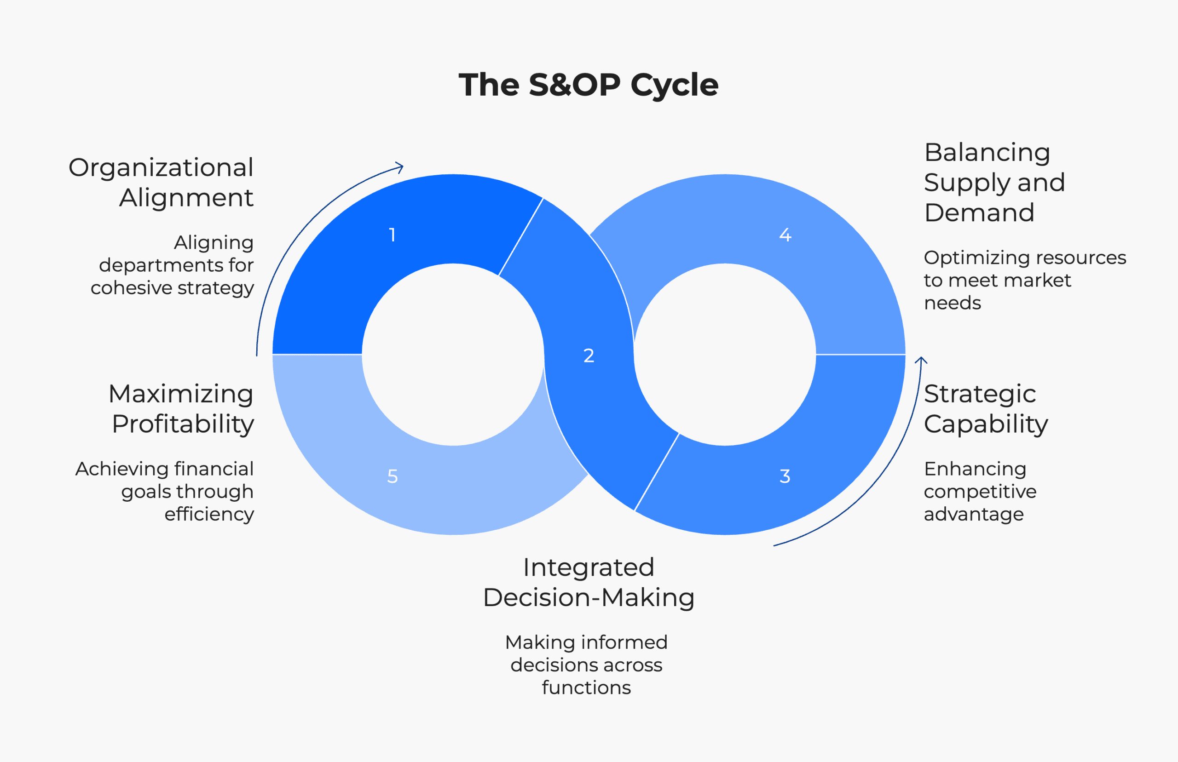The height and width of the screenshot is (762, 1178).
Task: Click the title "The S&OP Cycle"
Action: [589, 85]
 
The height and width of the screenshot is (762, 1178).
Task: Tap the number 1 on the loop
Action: [392, 235]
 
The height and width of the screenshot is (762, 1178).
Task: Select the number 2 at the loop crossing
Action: [589, 356]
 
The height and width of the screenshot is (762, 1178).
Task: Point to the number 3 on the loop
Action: [785, 476]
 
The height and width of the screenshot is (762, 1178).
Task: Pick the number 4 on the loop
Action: [785, 235]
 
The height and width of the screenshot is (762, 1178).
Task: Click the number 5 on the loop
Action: [392, 476]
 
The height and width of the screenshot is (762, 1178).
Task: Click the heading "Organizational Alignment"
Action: [162, 182]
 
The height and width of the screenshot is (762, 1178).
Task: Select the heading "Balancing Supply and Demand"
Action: [994, 182]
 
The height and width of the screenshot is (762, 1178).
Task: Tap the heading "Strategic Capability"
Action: [986, 409]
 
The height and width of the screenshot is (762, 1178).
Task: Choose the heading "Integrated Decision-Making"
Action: [589, 582]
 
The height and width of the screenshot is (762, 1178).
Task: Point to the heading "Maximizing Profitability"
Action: [181, 409]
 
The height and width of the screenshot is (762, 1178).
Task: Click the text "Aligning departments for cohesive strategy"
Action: [172, 265]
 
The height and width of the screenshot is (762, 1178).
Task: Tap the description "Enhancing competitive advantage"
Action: [980, 491]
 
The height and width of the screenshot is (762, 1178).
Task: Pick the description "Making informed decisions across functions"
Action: [586, 665]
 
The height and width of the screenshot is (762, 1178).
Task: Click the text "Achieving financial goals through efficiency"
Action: [165, 491]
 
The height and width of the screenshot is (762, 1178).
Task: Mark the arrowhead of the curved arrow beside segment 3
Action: [921, 360]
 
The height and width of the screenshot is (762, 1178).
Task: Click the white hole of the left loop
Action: [453, 355]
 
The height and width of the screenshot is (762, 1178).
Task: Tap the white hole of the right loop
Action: [725, 355]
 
